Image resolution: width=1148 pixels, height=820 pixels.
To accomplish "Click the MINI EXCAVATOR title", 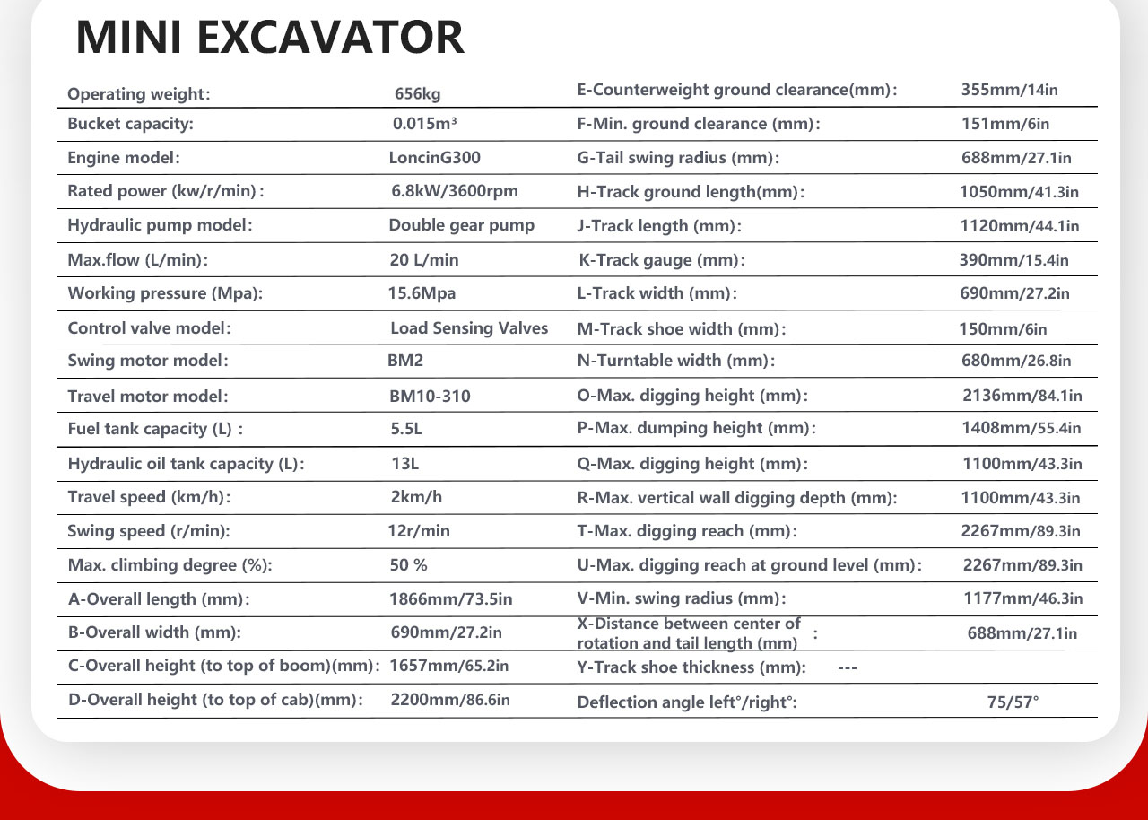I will point(270,38).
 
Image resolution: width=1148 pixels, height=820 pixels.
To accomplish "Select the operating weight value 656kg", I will point(418,93).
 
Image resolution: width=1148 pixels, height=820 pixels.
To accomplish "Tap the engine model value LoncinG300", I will point(434,158).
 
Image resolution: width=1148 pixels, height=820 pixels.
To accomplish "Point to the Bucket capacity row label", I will point(131,125).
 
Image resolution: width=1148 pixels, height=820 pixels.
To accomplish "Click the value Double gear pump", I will point(461,225).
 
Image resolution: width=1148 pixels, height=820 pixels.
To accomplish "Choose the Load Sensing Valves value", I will point(469,328).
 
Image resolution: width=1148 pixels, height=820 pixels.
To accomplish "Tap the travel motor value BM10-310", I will point(430,396).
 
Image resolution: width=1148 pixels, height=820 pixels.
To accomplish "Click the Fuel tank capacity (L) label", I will point(155,429).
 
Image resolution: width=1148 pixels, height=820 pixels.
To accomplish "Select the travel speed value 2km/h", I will point(416,497).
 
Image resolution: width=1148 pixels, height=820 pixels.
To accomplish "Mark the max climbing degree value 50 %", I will point(408,565).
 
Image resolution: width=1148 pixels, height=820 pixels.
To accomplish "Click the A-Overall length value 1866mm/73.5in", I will point(450,598).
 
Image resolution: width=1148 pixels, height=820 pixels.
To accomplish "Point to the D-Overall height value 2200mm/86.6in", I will point(450,700).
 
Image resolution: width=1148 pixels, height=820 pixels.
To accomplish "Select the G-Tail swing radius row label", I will point(678,159).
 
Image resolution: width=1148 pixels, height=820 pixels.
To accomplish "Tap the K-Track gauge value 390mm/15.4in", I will point(1014,260).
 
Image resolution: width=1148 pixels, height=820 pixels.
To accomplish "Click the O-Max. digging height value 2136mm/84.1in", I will point(1022,396).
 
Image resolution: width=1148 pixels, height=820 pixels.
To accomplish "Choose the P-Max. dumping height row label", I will point(696,429).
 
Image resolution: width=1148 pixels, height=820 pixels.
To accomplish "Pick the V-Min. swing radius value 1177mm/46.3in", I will point(1022,598).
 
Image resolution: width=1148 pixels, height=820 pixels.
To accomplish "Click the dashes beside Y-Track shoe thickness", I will point(847,667).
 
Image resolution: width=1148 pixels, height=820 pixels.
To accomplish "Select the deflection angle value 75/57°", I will point(1013,702).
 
